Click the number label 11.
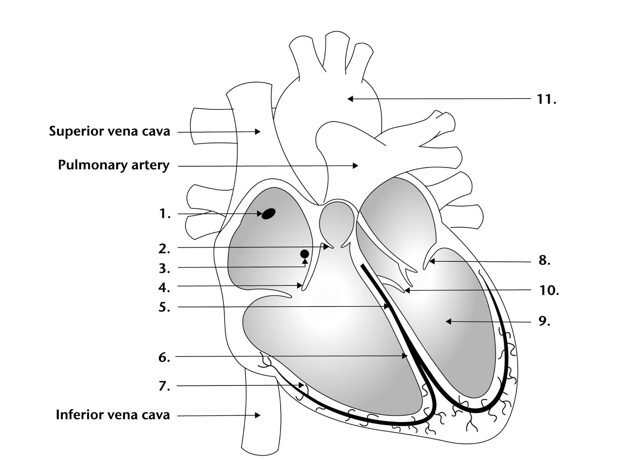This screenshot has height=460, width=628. click(x=546, y=100)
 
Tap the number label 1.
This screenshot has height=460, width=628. click(x=165, y=214)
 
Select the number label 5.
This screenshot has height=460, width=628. click(x=164, y=307)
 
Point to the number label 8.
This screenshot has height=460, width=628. click(x=545, y=260)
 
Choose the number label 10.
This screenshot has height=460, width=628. click(x=549, y=291)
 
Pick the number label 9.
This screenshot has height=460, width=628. click(x=545, y=321)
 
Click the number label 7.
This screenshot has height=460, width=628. click(x=164, y=386)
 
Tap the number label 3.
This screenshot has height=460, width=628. click(x=164, y=268)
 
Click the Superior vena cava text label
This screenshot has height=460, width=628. click(x=110, y=131)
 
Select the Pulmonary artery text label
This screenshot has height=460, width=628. click(x=114, y=165)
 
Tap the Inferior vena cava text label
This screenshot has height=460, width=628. click(x=113, y=415)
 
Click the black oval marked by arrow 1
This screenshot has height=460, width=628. click(x=268, y=214)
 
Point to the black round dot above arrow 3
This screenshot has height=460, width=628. click(x=305, y=254)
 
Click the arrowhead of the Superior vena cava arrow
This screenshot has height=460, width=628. click(x=258, y=131)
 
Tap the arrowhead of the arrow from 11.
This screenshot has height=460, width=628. click(x=350, y=99)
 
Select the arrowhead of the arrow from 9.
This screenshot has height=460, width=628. click(x=448, y=322)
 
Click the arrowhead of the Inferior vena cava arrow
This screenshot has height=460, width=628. click(x=258, y=415)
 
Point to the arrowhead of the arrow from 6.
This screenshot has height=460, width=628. click(x=404, y=356)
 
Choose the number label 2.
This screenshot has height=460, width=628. click(x=164, y=249)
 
